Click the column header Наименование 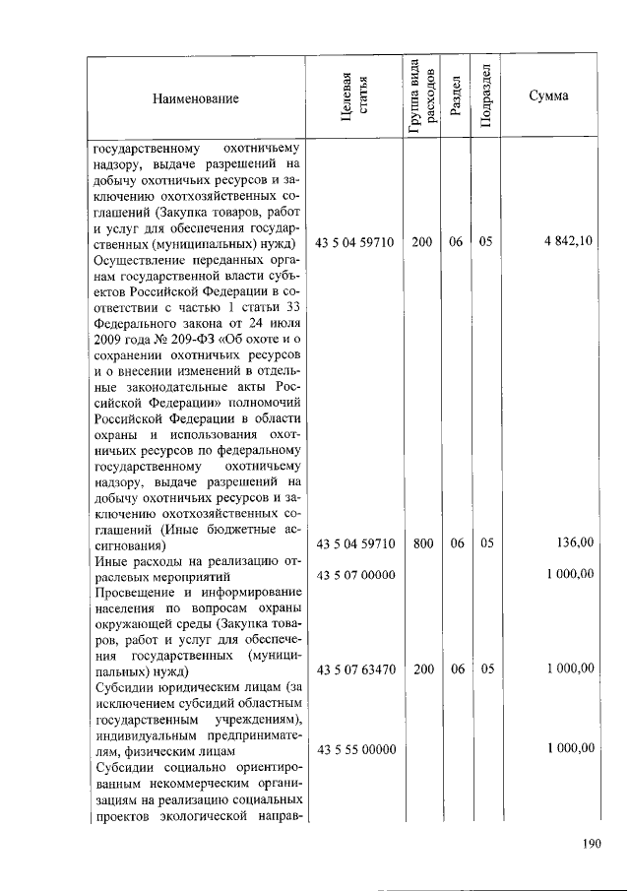(195, 98)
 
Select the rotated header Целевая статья (354, 98)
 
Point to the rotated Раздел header (455, 98)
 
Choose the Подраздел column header (484, 98)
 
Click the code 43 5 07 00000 (355, 574)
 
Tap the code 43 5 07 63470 (355, 668)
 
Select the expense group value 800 (422, 542)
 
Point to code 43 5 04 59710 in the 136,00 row (355, 542)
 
